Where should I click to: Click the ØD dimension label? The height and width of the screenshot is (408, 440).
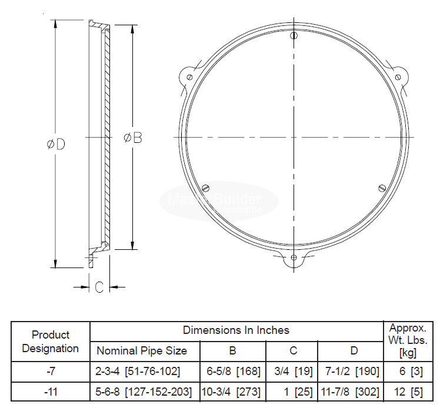(56, 145)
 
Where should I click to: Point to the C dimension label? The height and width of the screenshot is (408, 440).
(99, 287)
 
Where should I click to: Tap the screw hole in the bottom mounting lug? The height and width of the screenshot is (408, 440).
(294, 257)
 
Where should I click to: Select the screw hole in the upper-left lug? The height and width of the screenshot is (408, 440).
(189, 77)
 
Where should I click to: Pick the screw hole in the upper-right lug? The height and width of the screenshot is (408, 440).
(398, 77)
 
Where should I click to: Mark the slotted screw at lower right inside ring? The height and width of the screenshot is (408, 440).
(381, 188)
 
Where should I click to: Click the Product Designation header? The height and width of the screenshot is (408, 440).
(51, 342)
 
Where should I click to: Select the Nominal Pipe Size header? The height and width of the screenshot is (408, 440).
(142, 351)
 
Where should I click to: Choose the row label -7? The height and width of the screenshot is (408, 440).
(51, 372)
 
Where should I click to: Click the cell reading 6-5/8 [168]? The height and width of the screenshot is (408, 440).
(232, 372)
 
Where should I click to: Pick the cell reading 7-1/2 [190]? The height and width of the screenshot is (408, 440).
(351, 372)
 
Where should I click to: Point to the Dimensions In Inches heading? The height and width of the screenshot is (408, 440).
(236, 330)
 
